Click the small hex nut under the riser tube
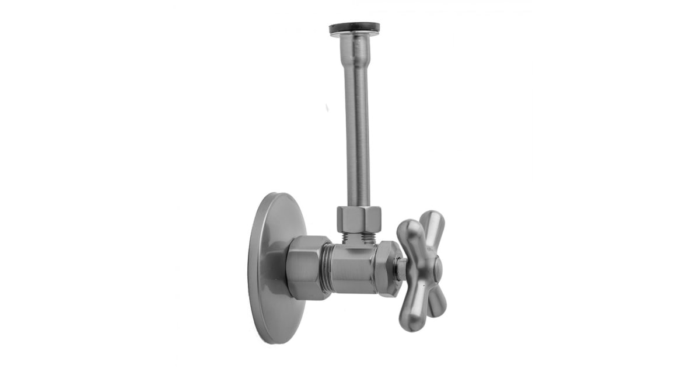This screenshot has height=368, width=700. tap(358, 218)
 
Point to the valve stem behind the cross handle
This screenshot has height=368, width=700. tap(402, 269)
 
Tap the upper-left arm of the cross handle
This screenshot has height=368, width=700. tap(408, 234)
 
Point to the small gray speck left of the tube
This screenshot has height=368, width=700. tap(327, 108)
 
